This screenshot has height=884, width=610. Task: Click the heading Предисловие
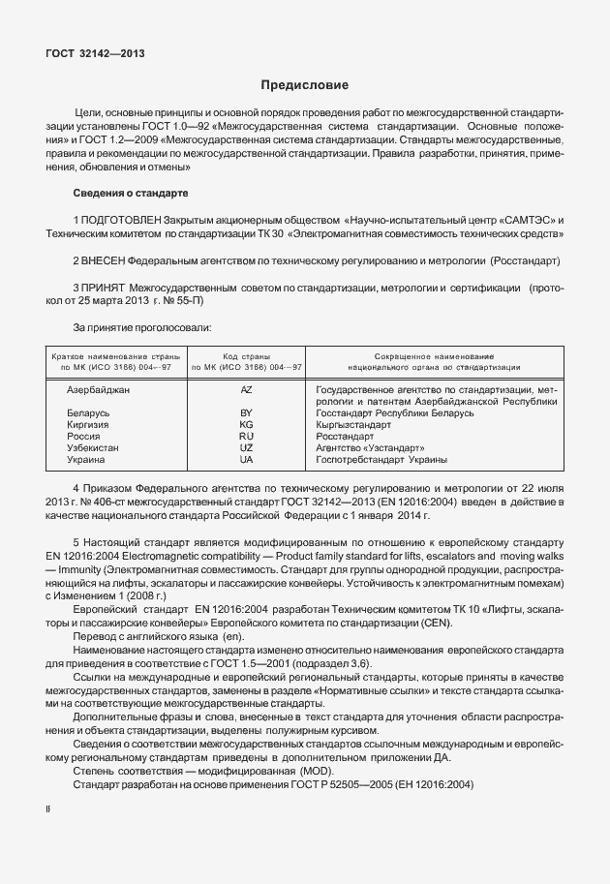(304, 85)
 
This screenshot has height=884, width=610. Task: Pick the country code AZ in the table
(246, 389)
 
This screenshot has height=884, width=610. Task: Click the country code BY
(246, 413)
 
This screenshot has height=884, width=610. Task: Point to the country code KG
(246, 425)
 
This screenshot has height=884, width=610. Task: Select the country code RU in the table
(246, 437)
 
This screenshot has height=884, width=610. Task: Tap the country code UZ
(246, 448)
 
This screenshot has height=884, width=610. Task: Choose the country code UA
(246, 460)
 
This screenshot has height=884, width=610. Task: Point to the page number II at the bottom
(48, 806)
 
